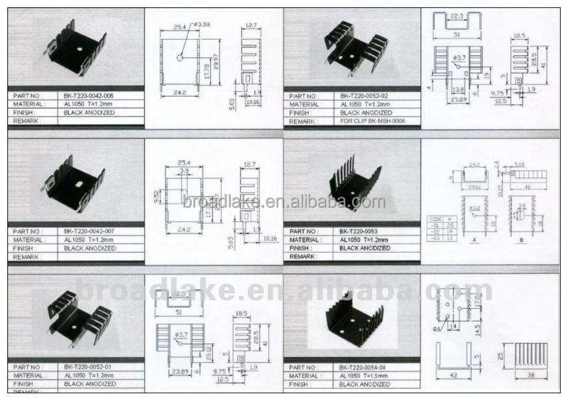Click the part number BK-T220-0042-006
click(x=88, y=95)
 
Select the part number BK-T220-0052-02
click(x=364, y=95)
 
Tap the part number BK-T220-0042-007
click(x=88, y=231)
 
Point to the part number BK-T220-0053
click(x=359, y=231)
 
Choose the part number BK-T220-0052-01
click(x=88, y=367)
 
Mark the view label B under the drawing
click(x=523, y=240)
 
